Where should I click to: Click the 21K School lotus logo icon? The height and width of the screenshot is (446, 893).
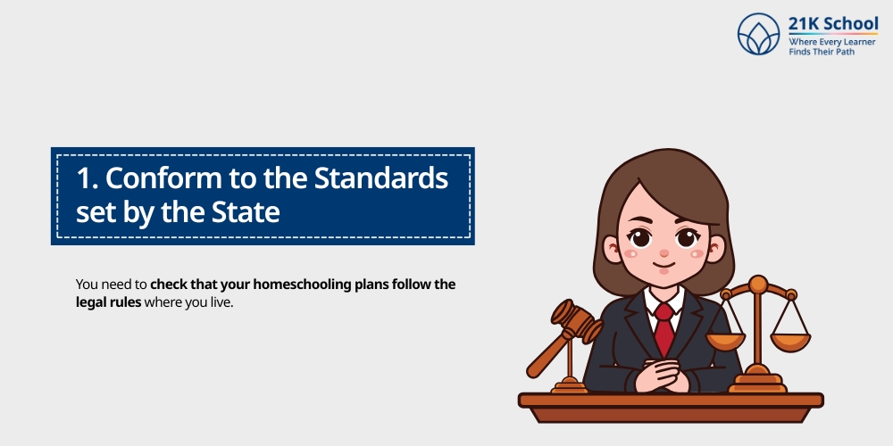759,35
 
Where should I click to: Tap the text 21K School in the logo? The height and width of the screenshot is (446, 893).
833,23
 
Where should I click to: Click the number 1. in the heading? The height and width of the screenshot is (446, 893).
87,178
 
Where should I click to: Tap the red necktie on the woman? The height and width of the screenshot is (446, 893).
663,327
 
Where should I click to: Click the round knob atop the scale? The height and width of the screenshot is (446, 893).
757,285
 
